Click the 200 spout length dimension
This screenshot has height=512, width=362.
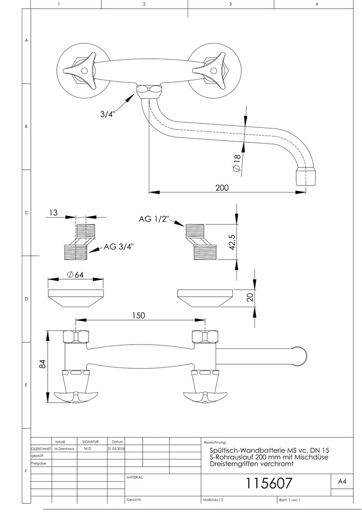pos(221,188)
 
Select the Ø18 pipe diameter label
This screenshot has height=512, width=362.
pos(237,163)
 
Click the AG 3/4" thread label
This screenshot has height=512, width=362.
pos(119,246)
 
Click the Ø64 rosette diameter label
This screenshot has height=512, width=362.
pos(76,274)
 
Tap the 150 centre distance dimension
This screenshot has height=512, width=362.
pos(138,315)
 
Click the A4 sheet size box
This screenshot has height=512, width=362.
pos(342,481)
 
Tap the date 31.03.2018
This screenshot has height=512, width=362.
pos(116,448)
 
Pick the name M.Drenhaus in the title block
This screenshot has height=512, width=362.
pos(63,448)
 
